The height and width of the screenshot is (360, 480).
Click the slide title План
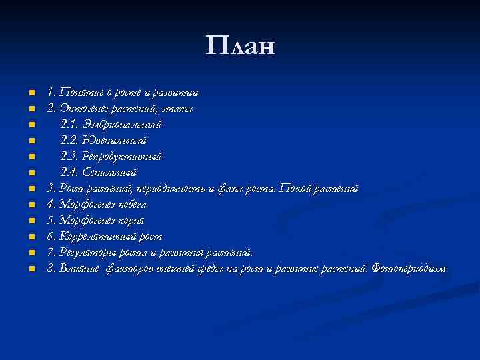pyautogui.click(x=240, y=47)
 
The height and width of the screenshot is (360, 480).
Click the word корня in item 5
pyautogui.click(x=130, y=221)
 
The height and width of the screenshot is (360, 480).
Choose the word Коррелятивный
pyautogui.click(x=101, y=237)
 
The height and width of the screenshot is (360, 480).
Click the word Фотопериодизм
pyautogui.click(x=409, y=269)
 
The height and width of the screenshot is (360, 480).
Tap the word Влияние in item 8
pyautogui.click(x=79, y=269)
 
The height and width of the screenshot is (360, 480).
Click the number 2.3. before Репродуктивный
pyautogui.click(x=69, y=157)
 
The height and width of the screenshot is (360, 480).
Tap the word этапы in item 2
pyautogui.click(x=181, y=109)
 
